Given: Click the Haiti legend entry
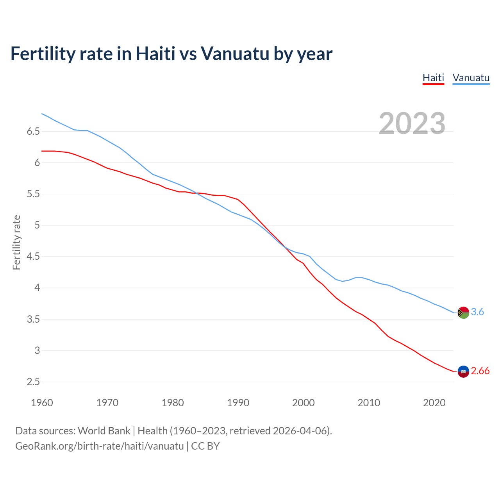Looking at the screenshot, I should click(433, 78).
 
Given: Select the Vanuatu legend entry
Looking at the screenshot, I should click(471, 78).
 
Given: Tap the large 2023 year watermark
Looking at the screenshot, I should click(412, 123).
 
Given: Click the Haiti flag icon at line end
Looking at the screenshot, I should click(463, 371).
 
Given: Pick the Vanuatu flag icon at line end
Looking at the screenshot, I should click(463, 312).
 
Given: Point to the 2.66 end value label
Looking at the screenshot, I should click(480, 371).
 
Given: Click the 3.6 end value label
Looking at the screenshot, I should click(477, 312).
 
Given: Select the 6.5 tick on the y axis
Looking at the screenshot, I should click(34, 132).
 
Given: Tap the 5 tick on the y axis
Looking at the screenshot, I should click(37, 225).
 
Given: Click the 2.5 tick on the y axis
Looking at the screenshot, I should click(34, 382).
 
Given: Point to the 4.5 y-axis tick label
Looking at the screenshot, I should click(34, 257).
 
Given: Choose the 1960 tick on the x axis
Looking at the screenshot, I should click(42, 403).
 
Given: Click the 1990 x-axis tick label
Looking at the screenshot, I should click(238, 403).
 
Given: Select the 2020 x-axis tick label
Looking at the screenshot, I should click(434, 403).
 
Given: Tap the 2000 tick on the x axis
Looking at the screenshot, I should click(303, 403).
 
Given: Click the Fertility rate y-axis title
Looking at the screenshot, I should click(16, 242).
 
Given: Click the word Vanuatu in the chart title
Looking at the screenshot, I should click(235, 54).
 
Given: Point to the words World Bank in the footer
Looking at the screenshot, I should click(104, 431).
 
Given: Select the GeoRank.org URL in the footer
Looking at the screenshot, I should click(99, 446).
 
